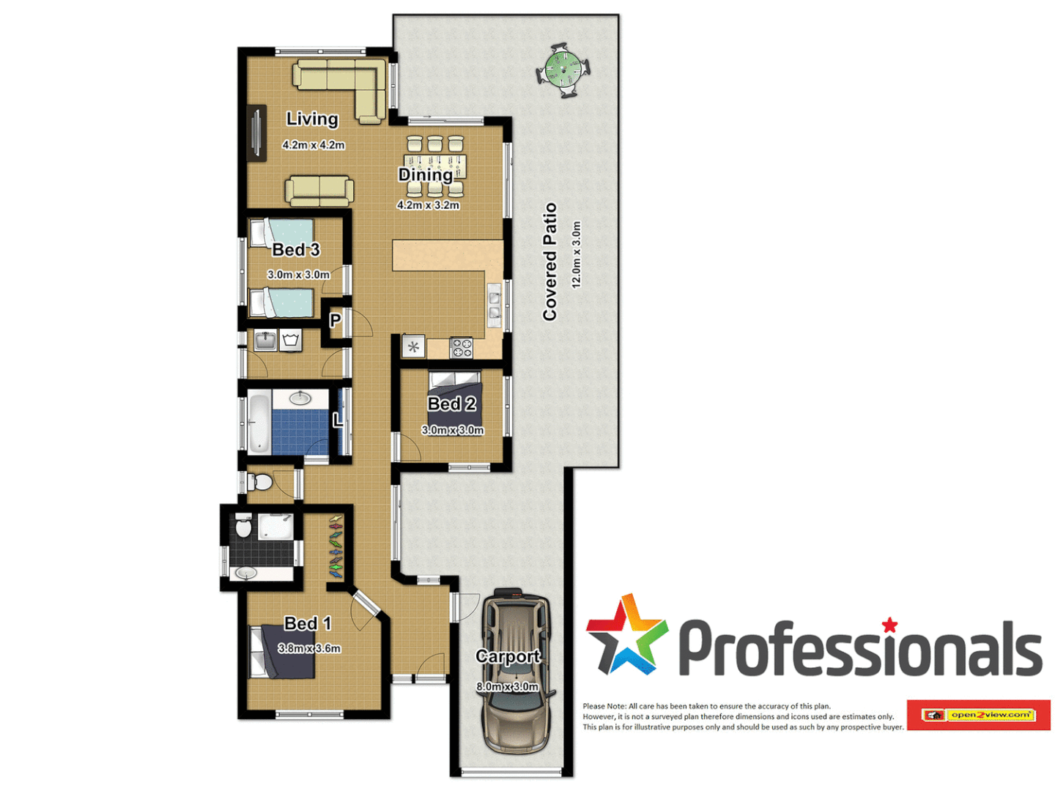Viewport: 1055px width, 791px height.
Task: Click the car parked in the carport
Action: point(515,670)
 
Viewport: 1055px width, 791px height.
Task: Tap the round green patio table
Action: point(563,70)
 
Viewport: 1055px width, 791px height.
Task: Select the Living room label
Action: point(312,119)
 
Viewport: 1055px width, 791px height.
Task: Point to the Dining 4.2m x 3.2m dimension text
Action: point(428,205)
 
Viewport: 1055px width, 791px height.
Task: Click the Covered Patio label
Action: point(549,261)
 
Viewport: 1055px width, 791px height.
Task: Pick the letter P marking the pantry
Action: point(335,320)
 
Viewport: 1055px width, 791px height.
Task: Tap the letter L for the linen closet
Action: point(337,420)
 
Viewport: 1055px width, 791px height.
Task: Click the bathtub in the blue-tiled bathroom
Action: point(259,423)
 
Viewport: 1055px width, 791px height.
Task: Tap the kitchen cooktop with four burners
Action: point(461,348)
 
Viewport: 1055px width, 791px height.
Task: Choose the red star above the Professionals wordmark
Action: point(889,625)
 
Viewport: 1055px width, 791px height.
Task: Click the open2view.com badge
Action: point(979,715)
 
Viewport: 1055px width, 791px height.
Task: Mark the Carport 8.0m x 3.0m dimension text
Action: point(507,687)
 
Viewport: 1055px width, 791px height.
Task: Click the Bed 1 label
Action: point(307,623)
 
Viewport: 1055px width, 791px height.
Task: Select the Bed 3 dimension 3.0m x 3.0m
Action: point(298,275)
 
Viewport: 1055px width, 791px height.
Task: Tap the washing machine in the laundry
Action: point(291,341)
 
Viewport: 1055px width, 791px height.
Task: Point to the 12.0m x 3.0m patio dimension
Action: point(576,254)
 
